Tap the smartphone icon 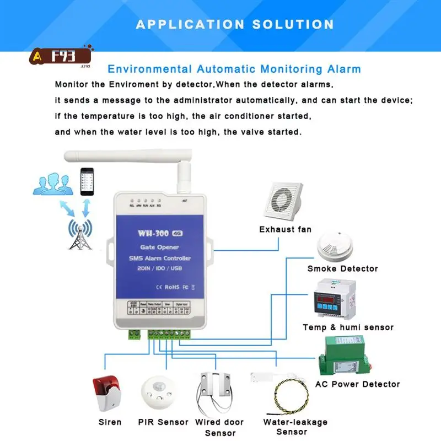pyautogui.click(x=86, y=181)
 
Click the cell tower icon pyautogui.click(x=81, y=234)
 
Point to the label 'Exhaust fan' pyautogui.click(x=285, y=229)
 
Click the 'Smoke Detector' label pyautogui.click(x=343, y=269)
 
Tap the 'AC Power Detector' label pyautogui.click(x=357, y=384)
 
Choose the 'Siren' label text pyautogui.click(x=110, y=423)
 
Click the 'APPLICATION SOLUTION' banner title pyautogui.click(x=235, y=24)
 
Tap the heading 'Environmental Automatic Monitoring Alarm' pyautogui.click(x=234, y=69)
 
